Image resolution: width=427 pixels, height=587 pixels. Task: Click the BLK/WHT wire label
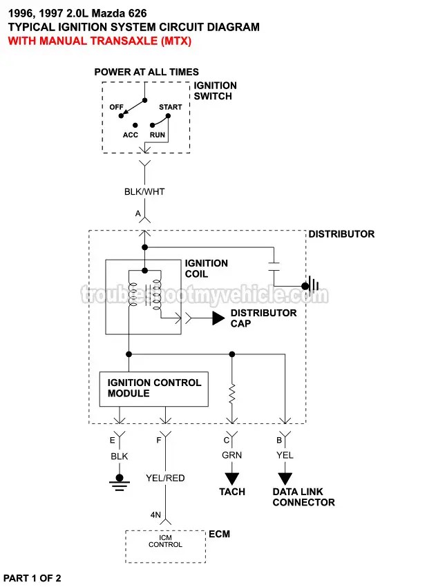[x=144, y=191]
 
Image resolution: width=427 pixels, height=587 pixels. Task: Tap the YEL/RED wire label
[x=165, y=478]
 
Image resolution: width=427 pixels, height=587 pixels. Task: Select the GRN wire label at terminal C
[x=231, y=455]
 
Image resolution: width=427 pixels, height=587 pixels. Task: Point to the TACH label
[x=232, y=492]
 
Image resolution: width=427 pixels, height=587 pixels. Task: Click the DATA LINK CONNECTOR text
[x=303, y=497]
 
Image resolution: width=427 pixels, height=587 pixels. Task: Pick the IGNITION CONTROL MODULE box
[x=154, y=388]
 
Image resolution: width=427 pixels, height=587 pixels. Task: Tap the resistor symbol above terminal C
[x=232, y=394]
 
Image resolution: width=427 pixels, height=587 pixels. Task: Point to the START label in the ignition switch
[x=170, y=107]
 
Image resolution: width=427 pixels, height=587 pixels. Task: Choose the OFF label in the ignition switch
[x=116, y=107]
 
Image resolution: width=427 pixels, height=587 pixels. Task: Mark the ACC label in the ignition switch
[x=131, y=135]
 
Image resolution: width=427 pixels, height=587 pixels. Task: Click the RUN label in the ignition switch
[x=158, y=135]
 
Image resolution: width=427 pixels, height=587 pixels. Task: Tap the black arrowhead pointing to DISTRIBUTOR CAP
[x=218, y=318]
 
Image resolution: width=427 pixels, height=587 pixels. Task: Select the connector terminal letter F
[x=159, y=439]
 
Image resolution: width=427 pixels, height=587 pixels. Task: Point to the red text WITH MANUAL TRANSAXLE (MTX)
[x=99, y=41]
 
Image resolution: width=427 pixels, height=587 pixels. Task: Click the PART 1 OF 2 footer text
[x=36, y=577]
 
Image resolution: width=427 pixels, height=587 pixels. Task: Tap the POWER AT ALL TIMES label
[x=146, y=72]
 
